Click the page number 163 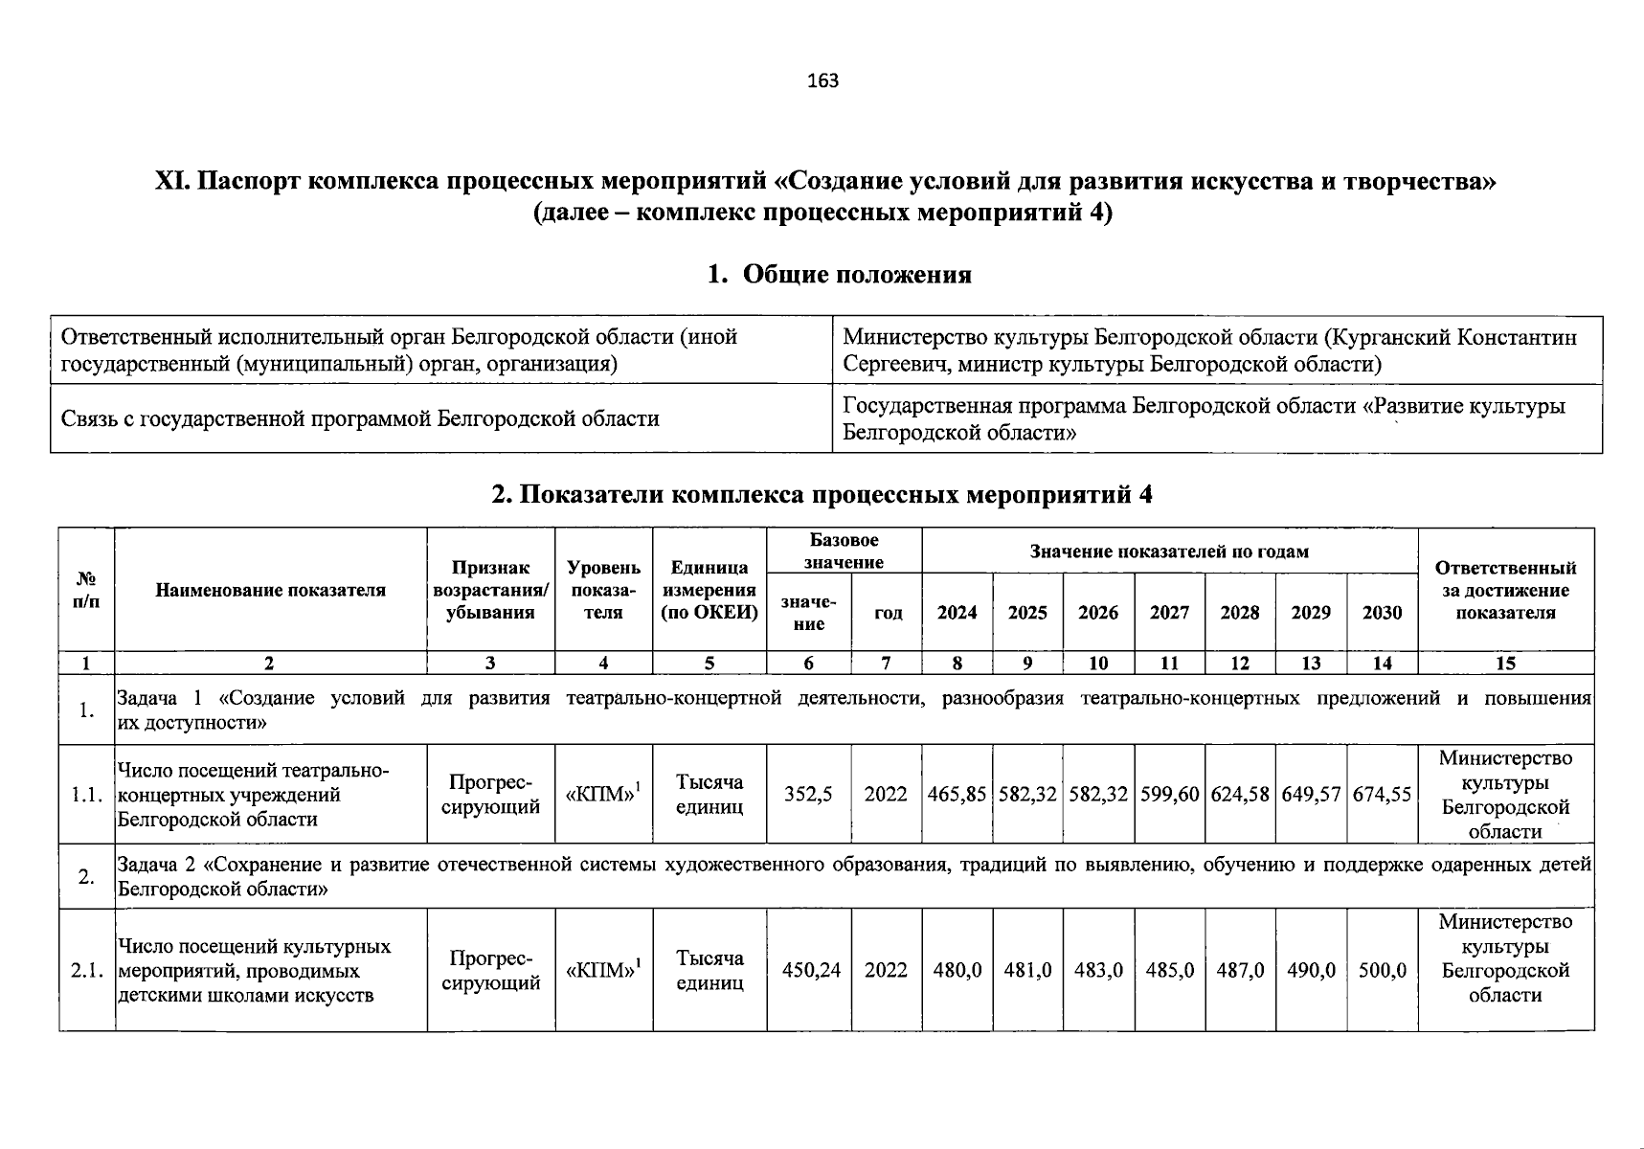click(x=822, y=81)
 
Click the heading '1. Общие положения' click(x=839, y=275)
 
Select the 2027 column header click(x=1169, y=613)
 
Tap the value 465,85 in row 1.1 click(x=957, y=795)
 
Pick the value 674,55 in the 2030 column click(x=1382, y=795)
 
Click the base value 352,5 click(x=808, y=795)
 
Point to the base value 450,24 click(x=811, y=970)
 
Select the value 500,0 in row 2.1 click(x=1382, y=970)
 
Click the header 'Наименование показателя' click(x=270, y=591)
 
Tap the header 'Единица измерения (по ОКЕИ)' click(x=709, y=591)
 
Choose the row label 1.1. click(x=86, y=795)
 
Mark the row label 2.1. click(x=86, y=970)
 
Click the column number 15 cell click(x=1505, y=663)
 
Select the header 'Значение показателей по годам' click(x=1168, y=552)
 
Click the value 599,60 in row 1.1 click(x=1169, y=795)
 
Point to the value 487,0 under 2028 click(x=1240, y=970)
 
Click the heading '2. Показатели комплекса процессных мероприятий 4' click(x=822, y=495)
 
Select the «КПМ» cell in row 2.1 click(x=603, y=970)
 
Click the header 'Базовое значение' click(x=844, y=551)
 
